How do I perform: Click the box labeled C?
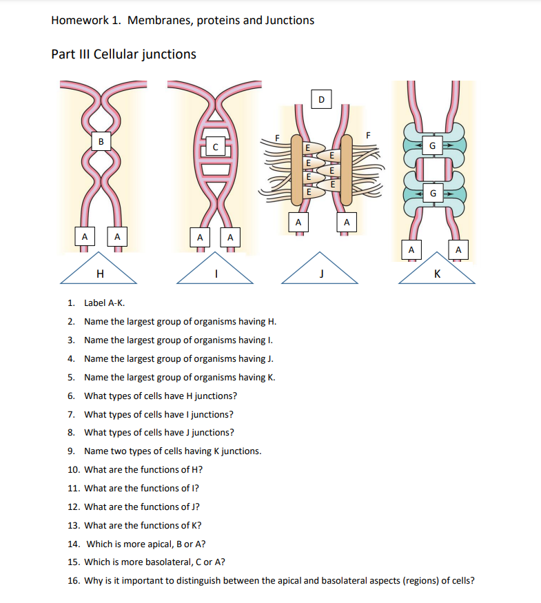pos(216,147)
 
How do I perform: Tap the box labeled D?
pos(321,99)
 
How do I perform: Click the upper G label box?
pos(432,146)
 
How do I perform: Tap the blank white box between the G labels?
pos(432,169)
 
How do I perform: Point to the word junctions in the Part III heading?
pos(169,54)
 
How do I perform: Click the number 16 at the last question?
pos(72,580)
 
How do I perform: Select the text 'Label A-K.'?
pos(105,303)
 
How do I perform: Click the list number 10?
pos(74,469)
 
